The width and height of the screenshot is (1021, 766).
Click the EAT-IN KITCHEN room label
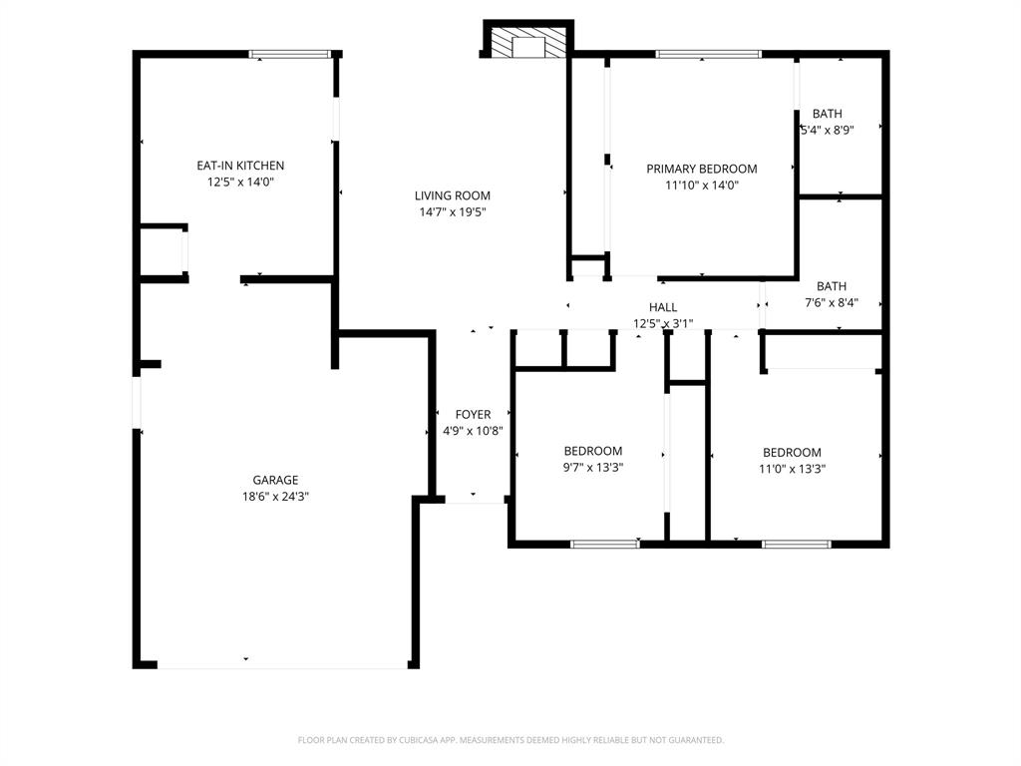[240, 166]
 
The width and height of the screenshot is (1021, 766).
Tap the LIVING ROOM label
[453, 195]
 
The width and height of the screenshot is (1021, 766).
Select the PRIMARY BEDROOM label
[701, 169]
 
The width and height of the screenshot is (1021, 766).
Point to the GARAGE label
[275, 480]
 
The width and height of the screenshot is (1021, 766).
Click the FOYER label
[473, 415]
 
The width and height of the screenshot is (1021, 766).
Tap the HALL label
[663, 307]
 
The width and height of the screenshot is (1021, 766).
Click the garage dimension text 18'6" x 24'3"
[275, 496]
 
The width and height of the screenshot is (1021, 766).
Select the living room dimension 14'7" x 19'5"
[453, 211]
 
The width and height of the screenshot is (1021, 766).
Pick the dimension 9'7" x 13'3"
[592, 467]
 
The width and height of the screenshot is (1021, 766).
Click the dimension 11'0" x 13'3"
[793, 468]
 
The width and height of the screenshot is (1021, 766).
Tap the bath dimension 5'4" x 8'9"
[828, 130]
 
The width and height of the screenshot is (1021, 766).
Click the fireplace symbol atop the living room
[528, 41]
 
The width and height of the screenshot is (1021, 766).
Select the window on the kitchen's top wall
[289, 54]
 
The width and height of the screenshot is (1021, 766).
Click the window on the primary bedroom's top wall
[708, 54]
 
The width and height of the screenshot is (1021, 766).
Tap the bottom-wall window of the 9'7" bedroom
[604, 544]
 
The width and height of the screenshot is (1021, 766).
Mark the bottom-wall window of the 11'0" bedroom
[796, 544]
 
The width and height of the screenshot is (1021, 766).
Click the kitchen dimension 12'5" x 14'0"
[240, 182]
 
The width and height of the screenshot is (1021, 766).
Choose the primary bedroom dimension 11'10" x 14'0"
[701, 185]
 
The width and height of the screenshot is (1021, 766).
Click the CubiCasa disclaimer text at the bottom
[510, 740]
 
